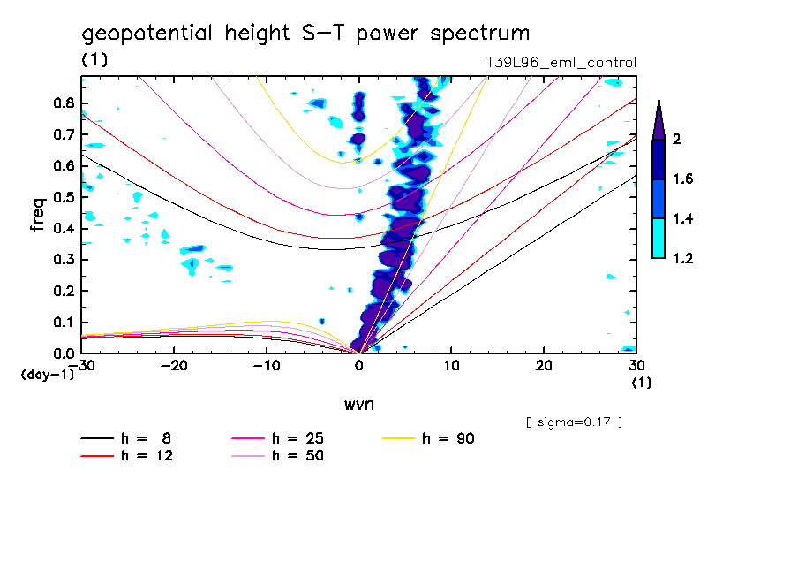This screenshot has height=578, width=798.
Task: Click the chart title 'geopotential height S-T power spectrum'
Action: [x=305, y=34]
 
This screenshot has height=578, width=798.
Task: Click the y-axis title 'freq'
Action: [x=37, y=215]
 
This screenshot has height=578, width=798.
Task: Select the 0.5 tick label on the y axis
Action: [x=62, y=196]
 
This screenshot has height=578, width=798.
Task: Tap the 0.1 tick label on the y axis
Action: [x=62, y=322]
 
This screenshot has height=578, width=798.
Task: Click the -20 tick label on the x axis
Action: [x=174, y=366]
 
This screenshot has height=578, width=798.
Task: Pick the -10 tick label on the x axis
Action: [x=267, y=366]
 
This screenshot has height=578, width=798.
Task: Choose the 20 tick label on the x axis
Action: [x=544, y=366]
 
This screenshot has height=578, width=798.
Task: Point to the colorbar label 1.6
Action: [x=681, y=179]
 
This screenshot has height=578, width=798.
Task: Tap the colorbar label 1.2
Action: [x=681, y=258]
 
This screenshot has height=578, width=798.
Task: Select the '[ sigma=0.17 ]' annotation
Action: [x=574, y=422]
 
